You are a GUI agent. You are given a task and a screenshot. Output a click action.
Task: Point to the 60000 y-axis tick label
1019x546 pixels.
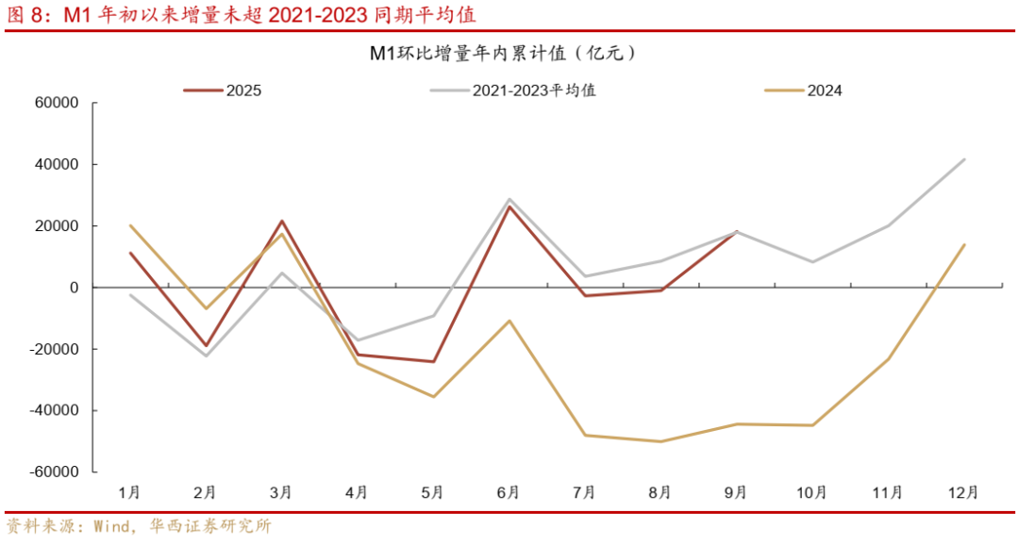coord(58,103)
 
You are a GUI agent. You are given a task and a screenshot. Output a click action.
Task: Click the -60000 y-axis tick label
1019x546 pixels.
coord(55,472)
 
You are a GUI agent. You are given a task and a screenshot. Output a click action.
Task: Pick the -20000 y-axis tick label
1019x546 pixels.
coord(55,349)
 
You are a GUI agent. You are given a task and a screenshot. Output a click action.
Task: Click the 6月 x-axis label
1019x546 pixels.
coord(509,492)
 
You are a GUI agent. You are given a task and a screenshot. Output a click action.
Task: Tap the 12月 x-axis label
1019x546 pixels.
coord(964,492)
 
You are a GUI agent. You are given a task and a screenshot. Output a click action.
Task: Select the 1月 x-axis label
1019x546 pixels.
coord(129,492)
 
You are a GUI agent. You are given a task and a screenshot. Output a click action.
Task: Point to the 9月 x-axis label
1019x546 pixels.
coord(736,492)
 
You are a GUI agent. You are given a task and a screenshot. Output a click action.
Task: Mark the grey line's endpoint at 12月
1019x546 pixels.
coord(964,159)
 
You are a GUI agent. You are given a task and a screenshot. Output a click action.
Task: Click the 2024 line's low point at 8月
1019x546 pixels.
coord(660,441)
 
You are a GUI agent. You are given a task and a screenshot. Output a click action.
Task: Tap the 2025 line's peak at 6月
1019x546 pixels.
coord(509,207)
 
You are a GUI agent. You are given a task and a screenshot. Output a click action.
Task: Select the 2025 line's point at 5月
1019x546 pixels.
coord(433,361)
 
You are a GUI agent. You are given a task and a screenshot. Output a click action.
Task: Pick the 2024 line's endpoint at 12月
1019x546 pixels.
coord(964,245)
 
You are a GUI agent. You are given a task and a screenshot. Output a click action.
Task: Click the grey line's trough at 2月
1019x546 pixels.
coord(206,356)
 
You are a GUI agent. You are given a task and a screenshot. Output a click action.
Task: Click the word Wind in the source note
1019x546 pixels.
coord(111,526)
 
